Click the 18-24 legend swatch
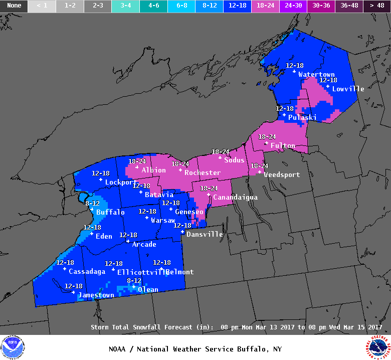[265, 6]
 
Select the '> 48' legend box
[377, 6]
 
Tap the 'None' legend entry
[14, 6]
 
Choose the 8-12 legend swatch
[209, 6]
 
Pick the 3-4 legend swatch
[125, 6]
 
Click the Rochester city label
[203, 172]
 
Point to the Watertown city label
[316, 74]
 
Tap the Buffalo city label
[110, 212]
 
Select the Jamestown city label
[96, 295]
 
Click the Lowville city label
[348, 89]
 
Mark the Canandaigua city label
[235, 197]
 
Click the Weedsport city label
[282, 174]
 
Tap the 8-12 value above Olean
[134, 280]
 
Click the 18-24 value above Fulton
[267, 136]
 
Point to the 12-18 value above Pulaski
[285, 108]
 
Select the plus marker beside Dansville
[183, 232]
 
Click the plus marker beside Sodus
[220, 157]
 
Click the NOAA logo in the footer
[13, 347]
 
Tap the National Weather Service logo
[378, 347]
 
